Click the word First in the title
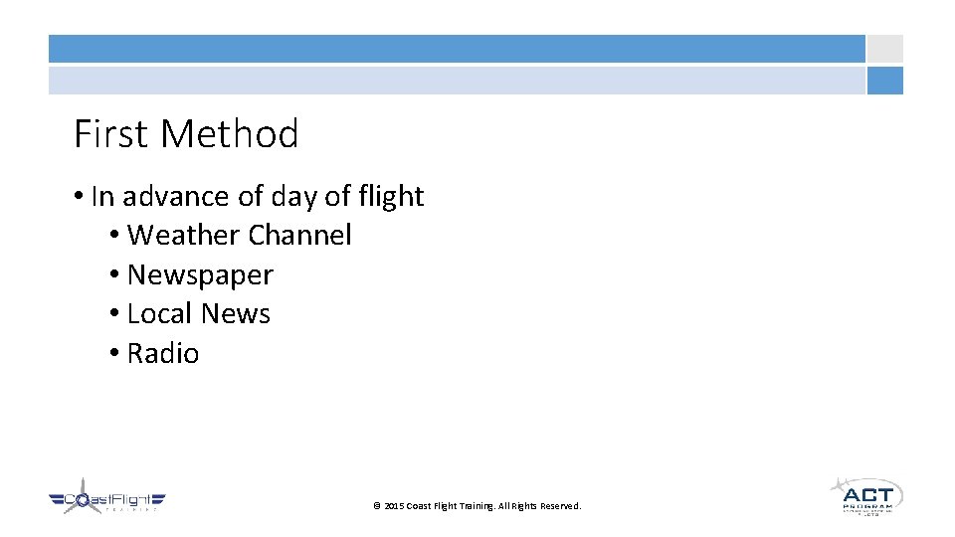[110, 134]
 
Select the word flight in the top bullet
[389, 197]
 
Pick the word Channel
[299, 236]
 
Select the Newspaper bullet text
[200, 275]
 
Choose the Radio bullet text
[163, 354]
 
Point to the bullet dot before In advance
[79, 198]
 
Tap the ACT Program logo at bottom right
[865, 495]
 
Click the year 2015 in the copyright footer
[395, 506]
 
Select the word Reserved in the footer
[560, 506]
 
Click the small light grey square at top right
[884, 49]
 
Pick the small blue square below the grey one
[884, 81]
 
